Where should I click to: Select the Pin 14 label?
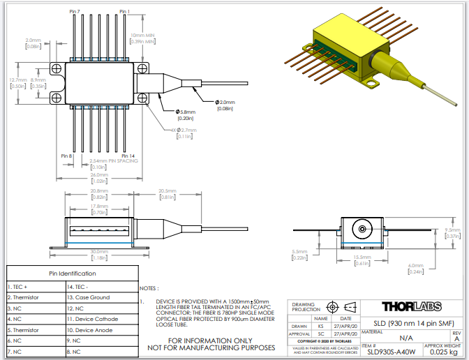(x=128, y=155)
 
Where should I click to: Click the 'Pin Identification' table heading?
(x=72, y=273)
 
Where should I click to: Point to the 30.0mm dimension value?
(x=98, y=251)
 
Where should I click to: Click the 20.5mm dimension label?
(x=167, y=191)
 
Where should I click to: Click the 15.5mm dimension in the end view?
(x=361, y=257)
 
